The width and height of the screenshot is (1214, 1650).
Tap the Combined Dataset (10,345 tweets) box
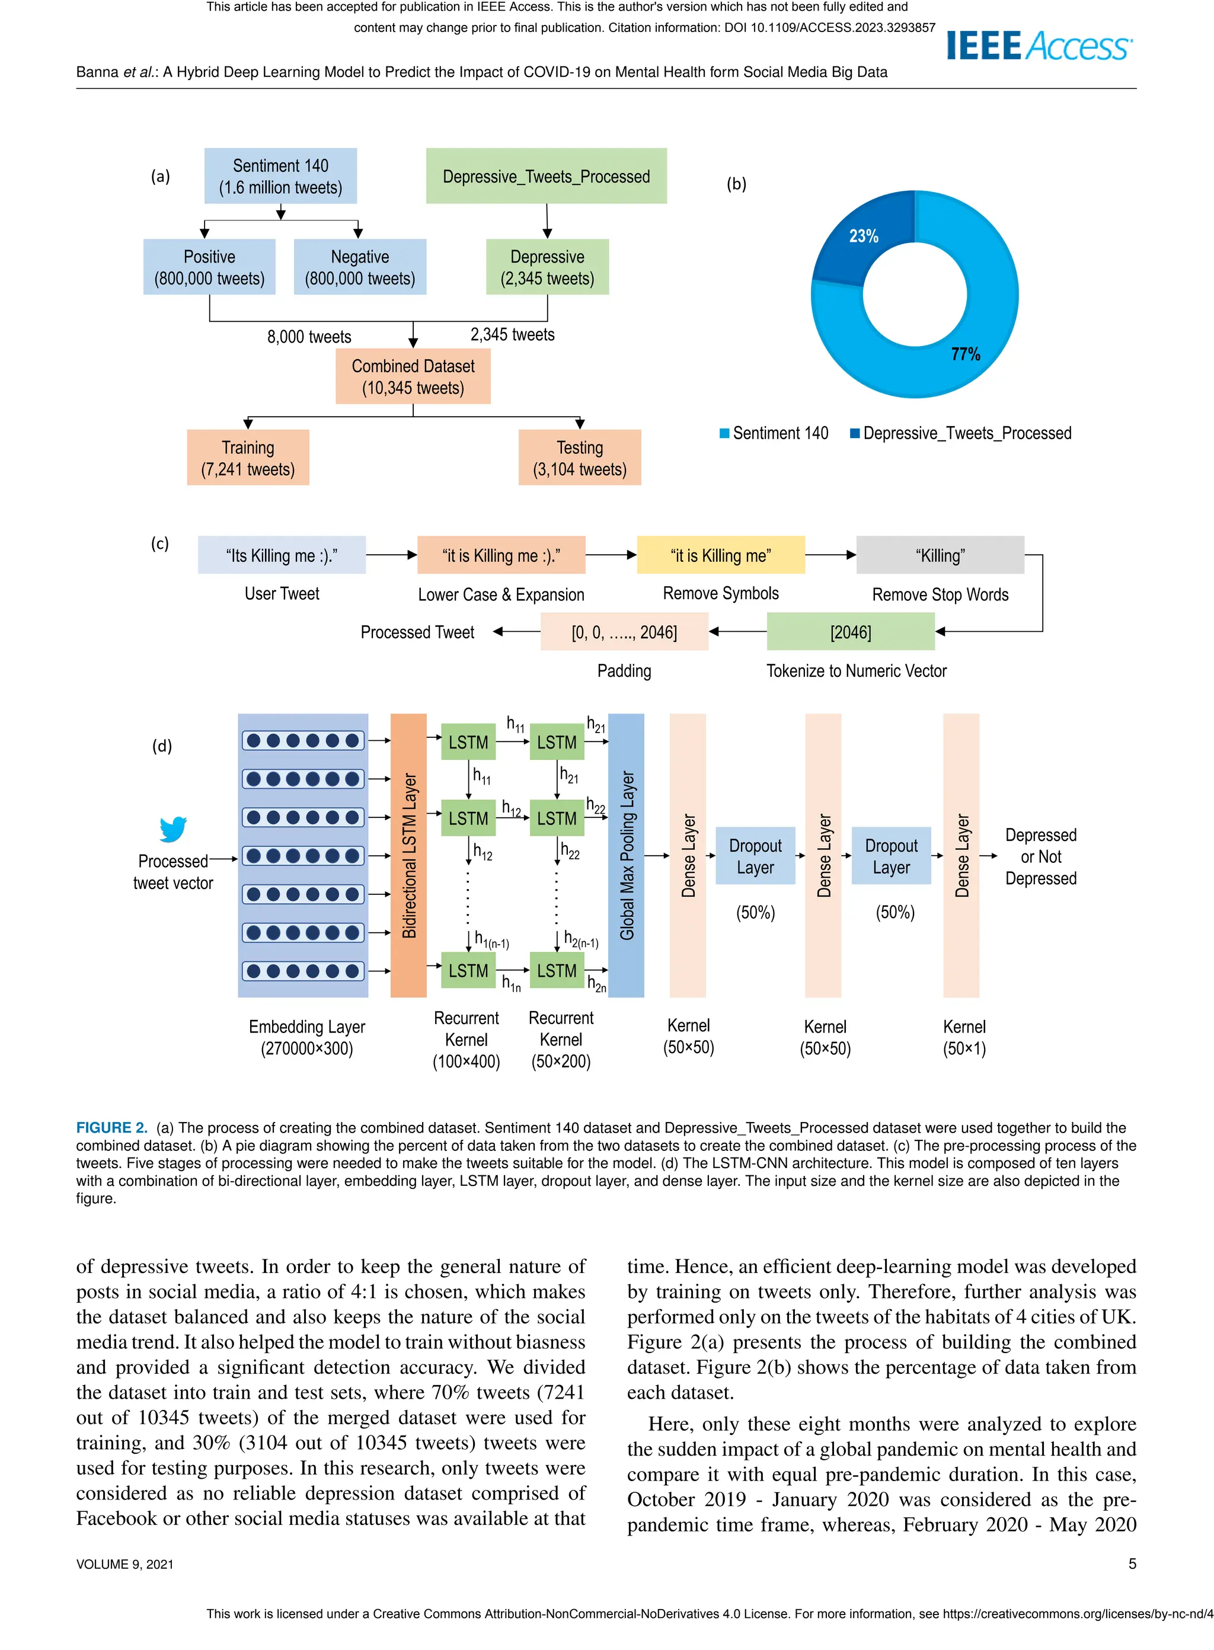click(x=413, y=377)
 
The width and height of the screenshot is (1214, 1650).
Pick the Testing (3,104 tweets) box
click(x=579, y=458)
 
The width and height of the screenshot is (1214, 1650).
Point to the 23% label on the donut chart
click(x=864, y=236)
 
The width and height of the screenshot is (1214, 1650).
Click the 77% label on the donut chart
click(x=965, y=354)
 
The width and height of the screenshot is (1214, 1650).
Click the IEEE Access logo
click(x=1039, y=46)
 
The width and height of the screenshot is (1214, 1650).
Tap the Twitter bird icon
click(x=174, y=829)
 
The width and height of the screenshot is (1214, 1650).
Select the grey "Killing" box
click(x=940, y=555)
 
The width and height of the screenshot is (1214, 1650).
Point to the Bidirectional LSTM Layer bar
click(x=408, y=855)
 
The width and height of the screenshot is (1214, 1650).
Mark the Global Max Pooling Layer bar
click(x=626, y=855)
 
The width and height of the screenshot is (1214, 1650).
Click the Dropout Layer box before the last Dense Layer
click(x=891, y=856)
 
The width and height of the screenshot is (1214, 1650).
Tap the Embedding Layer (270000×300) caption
click(x=306, y=1037)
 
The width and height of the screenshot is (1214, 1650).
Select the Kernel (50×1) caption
click(x=964, y=1037)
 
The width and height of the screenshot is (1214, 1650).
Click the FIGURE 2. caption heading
click(x=111, y=1128)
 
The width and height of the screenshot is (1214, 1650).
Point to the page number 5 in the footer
click(x=1132, y=1564)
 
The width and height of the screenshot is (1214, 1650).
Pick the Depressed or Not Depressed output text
click(x=1040, y=856)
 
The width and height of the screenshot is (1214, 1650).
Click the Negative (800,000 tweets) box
click(x=359, y=267)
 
